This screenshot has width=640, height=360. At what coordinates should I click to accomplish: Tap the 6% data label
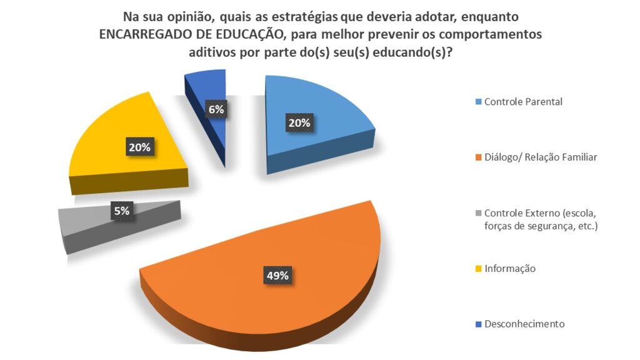pyautogui.click(x=216, y=109)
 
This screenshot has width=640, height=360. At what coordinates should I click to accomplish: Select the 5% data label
pyautogui.click(x=121, y=211)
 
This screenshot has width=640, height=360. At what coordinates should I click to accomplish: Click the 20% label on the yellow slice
pyautogui.click(x=139, y=147)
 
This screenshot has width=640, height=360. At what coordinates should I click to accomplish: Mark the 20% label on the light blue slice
pyautogui.click(x=299, y=123)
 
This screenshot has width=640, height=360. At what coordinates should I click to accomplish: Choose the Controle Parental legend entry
pyautogui.click(x=523, y=102)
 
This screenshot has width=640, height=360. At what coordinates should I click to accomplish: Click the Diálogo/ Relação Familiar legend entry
pyautogui.click(x=541, y=157)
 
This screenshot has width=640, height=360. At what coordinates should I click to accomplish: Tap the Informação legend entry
pyautogui.click(x=510, y=269)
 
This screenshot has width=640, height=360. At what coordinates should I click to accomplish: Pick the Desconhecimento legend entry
pyautogui.click(x=524, y=324)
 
